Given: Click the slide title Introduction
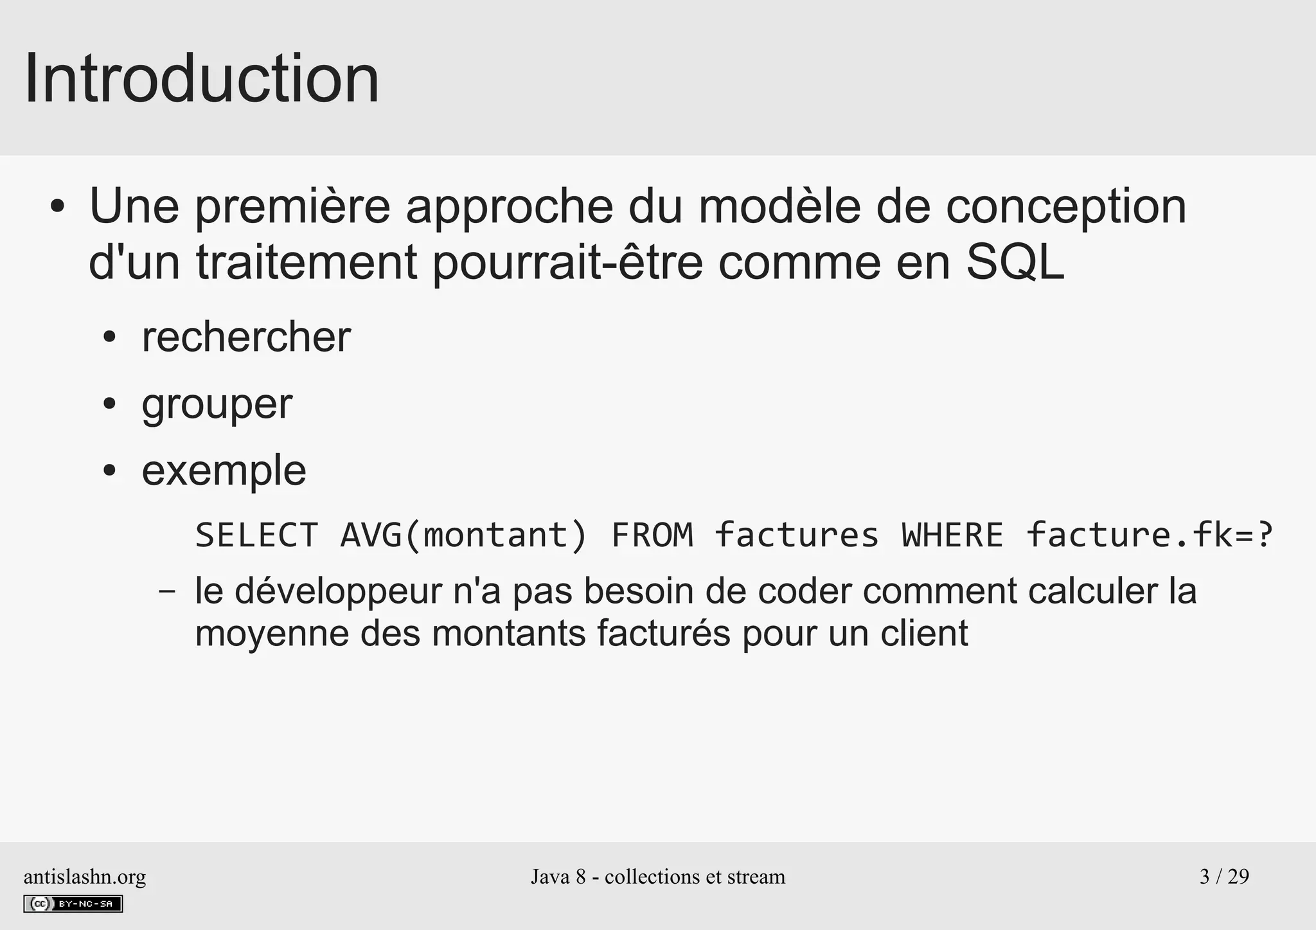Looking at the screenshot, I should pos(201,79).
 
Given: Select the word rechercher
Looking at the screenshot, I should pos(246,337).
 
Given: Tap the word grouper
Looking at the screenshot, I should pos(217,405).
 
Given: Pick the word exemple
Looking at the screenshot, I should pos(224,470).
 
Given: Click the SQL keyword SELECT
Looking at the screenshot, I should pos(256,535).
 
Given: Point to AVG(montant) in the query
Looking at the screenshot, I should pos(463,535).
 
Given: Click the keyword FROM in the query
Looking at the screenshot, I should pos(652,535).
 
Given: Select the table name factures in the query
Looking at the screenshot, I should pos(796,535).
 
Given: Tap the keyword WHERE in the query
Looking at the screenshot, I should pos(952,535).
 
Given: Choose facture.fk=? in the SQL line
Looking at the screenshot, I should pos(1149,535).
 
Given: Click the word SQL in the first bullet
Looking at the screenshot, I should pos(1015,262).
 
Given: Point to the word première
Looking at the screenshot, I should pos(292,207).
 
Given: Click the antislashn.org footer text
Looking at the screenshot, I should pos(85,877).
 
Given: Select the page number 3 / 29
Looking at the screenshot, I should pos(1224,877).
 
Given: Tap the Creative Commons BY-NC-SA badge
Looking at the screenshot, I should pos(73,904).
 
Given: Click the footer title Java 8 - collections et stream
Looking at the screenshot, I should pos(658,877).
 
